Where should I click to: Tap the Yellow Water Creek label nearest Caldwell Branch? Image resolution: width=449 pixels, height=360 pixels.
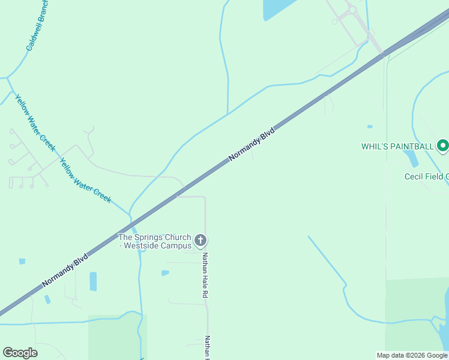tap(35, 123)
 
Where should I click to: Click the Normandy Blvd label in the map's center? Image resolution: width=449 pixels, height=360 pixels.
tap(252, 144)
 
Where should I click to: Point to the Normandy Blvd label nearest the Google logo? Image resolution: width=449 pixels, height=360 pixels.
tap(65, 269)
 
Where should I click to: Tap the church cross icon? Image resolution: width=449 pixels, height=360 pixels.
tap(201, 241)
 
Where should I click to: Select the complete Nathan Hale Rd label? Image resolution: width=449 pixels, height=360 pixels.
tap(205, 275)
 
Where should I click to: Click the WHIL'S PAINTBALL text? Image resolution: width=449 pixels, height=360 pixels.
tap(397, 146)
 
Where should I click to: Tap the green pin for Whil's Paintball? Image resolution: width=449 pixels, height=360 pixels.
tap(443, 146)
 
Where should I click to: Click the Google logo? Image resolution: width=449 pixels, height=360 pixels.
tap(20, 353)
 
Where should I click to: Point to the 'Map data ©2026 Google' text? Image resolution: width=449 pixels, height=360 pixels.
tap(412, 355)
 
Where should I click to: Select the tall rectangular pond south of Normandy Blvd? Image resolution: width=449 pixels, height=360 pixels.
tap(93, 281)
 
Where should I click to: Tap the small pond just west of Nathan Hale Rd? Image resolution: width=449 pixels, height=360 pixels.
tap(165, 273)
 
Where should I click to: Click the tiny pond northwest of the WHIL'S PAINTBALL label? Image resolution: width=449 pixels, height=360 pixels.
tap(370, 127)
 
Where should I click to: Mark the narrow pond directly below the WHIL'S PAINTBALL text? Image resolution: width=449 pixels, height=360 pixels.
tap(411, 158)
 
